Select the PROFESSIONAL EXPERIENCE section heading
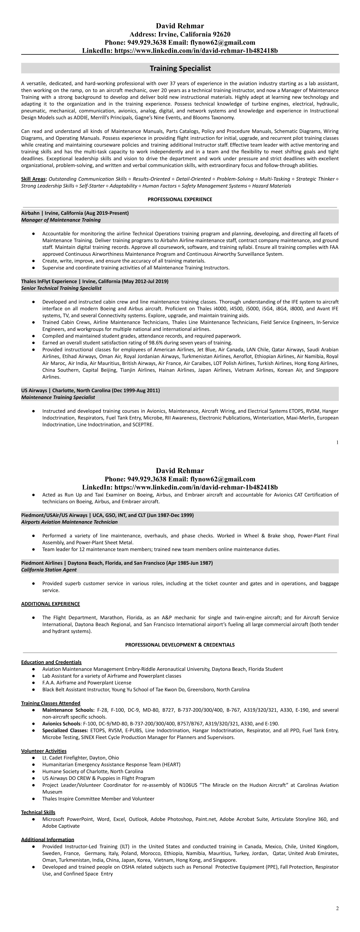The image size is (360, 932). point(180,199)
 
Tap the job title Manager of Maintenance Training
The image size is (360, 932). point(61,220)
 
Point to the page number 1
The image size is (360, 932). point(337,442)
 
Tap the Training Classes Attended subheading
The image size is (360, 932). point(51,703)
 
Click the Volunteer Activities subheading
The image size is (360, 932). point(44,751)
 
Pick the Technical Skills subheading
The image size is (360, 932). point(38,812)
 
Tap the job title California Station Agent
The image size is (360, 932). point(49,570)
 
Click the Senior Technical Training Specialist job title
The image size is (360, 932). point(61,288)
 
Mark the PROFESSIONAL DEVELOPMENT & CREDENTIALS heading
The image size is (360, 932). point(180,645)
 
